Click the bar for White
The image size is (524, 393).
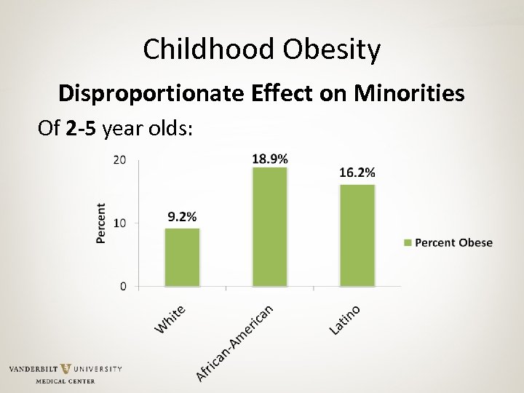coord(182,257)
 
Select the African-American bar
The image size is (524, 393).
coord(269,226)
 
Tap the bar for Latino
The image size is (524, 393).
coord(357,235)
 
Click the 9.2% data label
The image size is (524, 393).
coord(182,216)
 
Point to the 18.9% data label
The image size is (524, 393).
coord(269,159)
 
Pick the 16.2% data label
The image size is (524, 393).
coord(357,172)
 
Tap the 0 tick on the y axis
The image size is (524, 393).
coord(123,286)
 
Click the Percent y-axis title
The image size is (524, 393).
coord(101,223)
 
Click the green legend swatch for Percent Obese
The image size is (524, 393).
coord(408,242)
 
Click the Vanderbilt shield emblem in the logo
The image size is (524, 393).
coord(66,369)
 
